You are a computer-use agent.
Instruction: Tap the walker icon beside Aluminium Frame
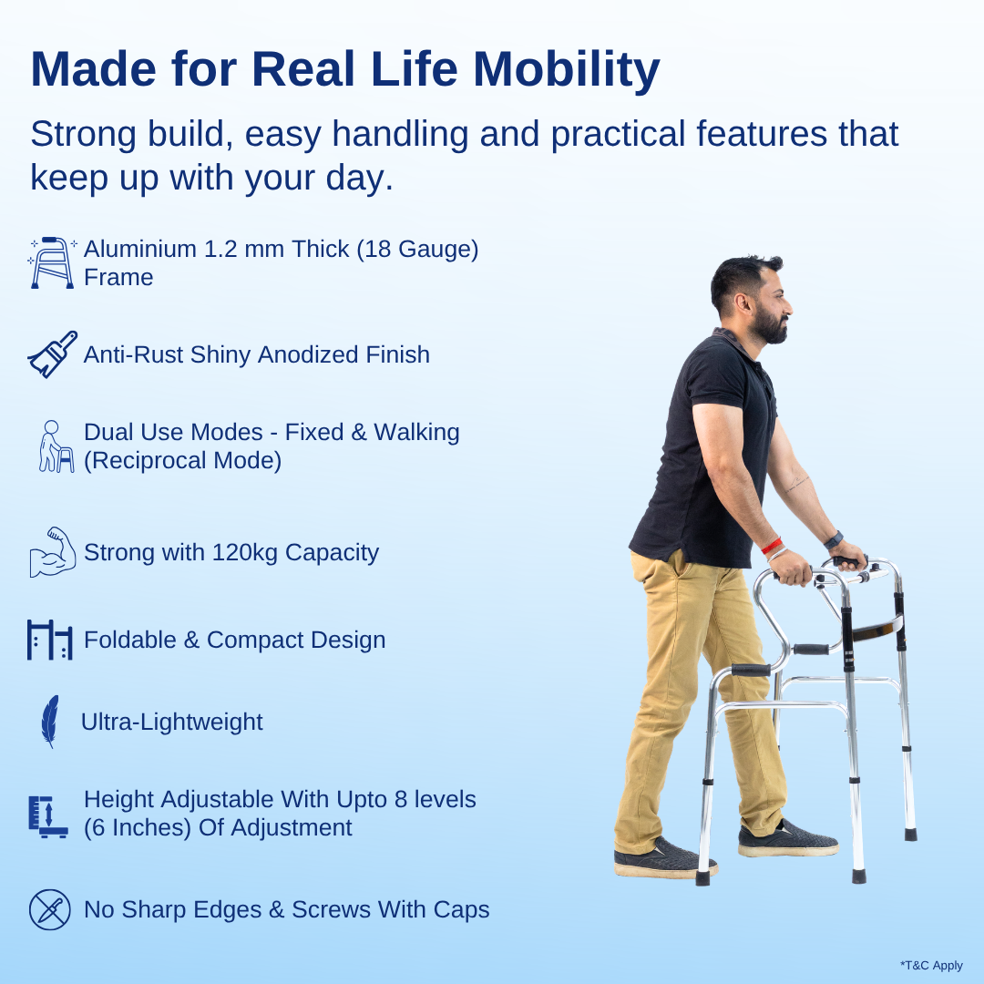coord(53,262)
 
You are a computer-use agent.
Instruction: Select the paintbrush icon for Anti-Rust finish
coord(52,354)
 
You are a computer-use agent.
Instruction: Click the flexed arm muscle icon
coord(52,552)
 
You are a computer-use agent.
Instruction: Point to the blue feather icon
coord(49,722)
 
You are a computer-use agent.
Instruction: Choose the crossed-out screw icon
coord(49,909)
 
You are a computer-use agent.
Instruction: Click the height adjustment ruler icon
coord(48,815)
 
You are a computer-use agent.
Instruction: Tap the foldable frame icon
coord(49,640)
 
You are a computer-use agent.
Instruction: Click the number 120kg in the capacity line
coord(245,552)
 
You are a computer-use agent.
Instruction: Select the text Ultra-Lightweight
coord(171,722)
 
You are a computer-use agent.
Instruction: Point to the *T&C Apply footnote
coord(931,966)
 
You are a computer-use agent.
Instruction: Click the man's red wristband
coord(772,546)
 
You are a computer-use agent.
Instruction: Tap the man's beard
coord(770,326)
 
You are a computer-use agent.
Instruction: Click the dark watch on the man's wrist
coord(834,539)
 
